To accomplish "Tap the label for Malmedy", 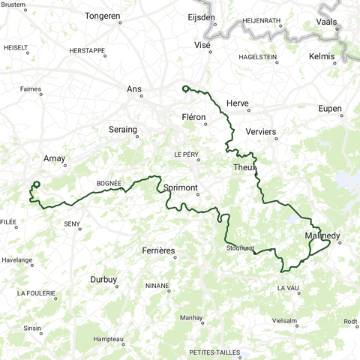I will (323, 236).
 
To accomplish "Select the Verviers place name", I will (260, 132).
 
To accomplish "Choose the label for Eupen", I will (329, 109).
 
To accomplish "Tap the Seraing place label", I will (122, 129).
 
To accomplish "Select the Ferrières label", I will (158, 250).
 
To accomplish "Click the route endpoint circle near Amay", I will (36, 184).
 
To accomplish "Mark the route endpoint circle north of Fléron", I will (184, 89).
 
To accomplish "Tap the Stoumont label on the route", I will (240, 248).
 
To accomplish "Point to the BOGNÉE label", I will (109, 183).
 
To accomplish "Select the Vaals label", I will (327, 22).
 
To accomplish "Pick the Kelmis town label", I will (322, 57).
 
